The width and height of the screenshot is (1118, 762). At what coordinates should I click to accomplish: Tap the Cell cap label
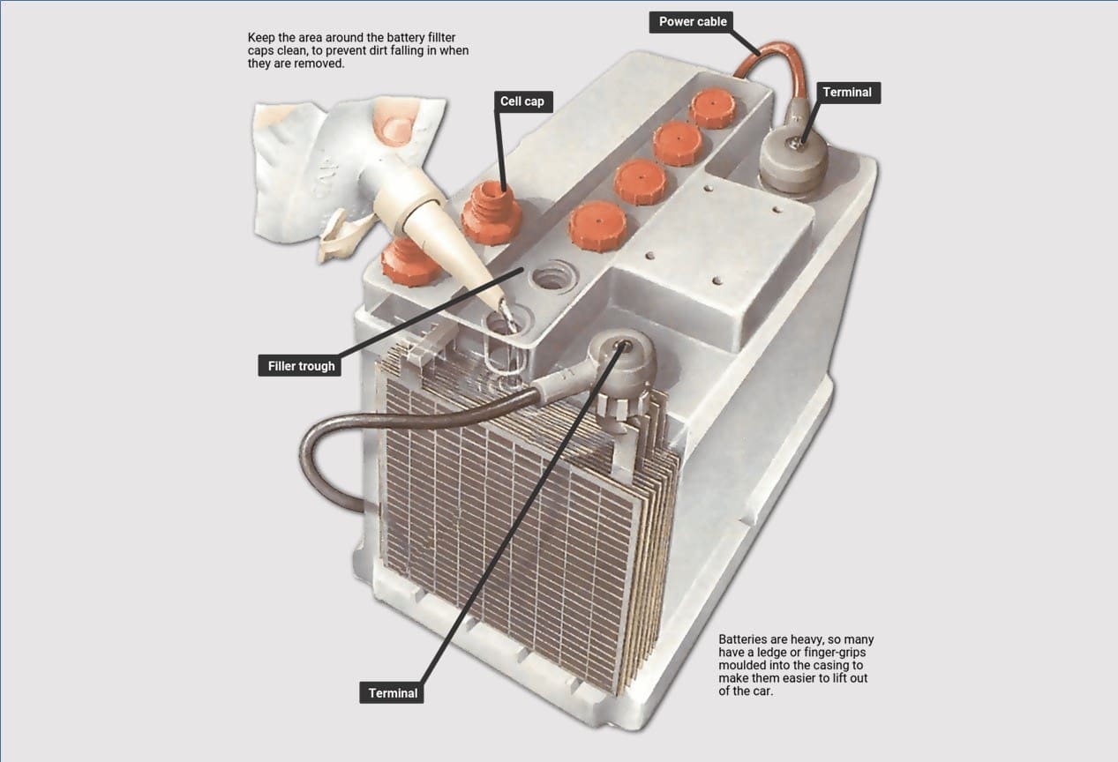pyautogui.click(x=522, y=101)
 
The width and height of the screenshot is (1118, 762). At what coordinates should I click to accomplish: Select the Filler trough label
pyautogui.click(x=300, y=365)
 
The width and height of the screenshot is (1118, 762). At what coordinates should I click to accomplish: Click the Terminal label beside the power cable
pyautogui.click(x=847, y=93)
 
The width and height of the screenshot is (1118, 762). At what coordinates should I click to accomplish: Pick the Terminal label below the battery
pyautogui.click(x=392, y=692)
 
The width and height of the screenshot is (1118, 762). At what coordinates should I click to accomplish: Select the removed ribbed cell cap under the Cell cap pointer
pyautogui.click(x=491, y=214)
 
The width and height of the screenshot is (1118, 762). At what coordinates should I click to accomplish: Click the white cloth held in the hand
pyautogui.click(x=344, y=165)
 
